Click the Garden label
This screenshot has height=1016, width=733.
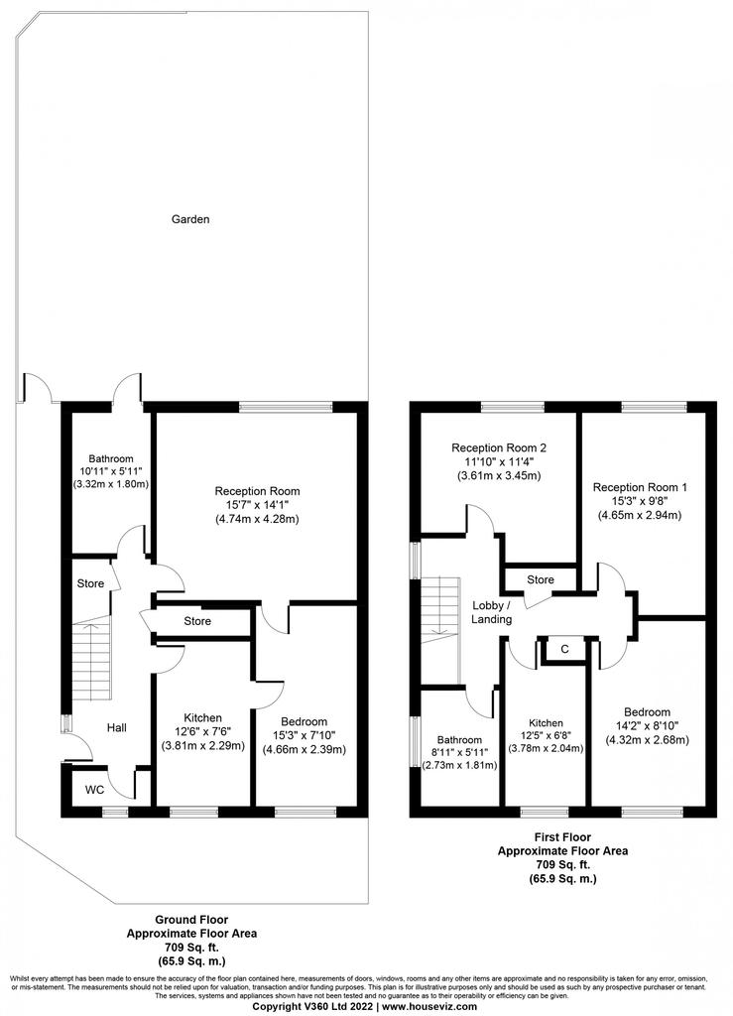tap(190, 219)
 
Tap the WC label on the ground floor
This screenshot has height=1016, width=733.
tap(95, 790)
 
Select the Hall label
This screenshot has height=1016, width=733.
tap(117, 727)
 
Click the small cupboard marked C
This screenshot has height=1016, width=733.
tap(564, 649)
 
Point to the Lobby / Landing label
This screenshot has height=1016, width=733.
tap(491, 612)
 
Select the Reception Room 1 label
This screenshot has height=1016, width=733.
tap(641, 487)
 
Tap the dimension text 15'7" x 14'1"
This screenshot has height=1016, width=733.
tap(258, 505)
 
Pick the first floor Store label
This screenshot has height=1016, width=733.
tap(541, 579)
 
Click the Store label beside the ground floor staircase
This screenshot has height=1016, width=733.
tap(90, 583)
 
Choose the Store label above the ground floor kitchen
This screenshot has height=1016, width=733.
tap(197, 621)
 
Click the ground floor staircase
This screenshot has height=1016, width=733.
tap(90, 659)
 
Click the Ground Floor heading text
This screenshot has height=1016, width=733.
tap(191, 920)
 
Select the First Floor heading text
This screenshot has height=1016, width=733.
tap(562, 837)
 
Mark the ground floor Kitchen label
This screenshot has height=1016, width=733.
tap(202, 717)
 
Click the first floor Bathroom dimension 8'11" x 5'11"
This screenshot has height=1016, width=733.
tap(460, 752)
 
